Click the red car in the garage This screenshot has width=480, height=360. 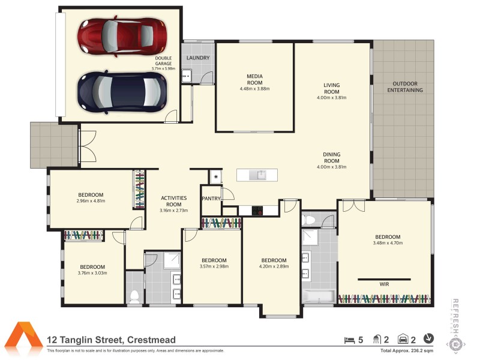coord(122,36)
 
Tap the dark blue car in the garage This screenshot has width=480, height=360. coord(122,91)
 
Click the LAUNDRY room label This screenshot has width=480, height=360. coord(198,58)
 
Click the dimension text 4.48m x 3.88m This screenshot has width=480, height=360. coord(254,89)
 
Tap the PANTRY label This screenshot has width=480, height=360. coord(211,198)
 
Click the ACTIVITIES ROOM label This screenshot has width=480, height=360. coord(173,201)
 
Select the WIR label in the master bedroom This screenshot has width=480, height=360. coord(384,284)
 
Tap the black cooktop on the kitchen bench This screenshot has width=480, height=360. coord(258,211)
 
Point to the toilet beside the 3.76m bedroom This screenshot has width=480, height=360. coord(135,296)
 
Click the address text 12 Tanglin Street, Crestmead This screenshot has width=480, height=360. coord(112,340)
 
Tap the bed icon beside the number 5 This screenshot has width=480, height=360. coord(349,340)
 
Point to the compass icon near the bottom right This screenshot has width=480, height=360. coord(429,339)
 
